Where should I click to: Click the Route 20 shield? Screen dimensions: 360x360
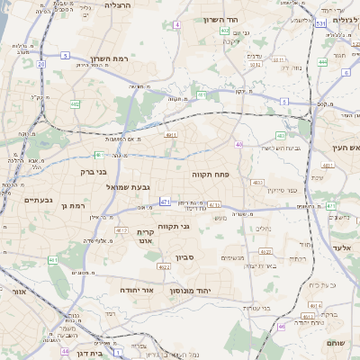click(x=42, y=64)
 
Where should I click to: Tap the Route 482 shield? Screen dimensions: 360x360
click(x=75, y=105)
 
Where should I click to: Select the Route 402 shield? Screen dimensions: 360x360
click(x=224, y=31)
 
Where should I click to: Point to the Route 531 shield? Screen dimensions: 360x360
click(x=320, y=23)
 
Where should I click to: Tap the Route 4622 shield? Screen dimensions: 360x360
click(x=164, y=266)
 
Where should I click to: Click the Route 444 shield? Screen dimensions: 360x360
click(x=322, y=62)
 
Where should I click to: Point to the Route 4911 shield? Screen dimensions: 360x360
click(x=170, y=135)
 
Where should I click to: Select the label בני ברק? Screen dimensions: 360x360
click(x=93, y=170)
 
